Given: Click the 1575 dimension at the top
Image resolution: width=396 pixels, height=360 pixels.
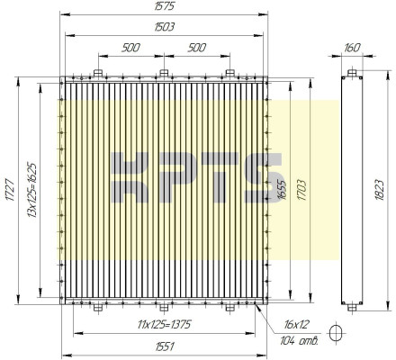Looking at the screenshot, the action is tap(164, 6).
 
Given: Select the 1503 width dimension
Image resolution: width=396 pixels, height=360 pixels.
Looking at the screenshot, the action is tap(164, 27).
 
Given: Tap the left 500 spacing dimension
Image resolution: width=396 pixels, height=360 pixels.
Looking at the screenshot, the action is tap(130, 48).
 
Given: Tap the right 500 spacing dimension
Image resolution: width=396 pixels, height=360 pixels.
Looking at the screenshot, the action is tap(197, 48).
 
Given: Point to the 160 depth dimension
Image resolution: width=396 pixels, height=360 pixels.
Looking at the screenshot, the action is tap(352, 48).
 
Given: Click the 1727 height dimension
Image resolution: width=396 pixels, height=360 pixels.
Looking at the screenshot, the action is tap(10, 190).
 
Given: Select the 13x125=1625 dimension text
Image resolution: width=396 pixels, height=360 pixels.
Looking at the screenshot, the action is tap(31, 190).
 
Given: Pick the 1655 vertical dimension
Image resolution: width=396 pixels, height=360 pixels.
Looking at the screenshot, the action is tap(282, 190).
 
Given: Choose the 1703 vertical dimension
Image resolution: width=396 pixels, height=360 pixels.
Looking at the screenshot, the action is tap(302, 190).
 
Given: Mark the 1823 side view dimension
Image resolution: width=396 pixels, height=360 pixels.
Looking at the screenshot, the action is tap(379, 190).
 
